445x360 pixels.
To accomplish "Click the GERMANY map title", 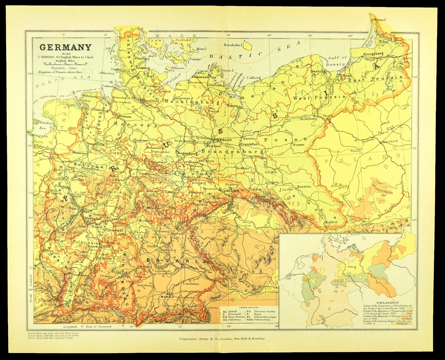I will point(65,47).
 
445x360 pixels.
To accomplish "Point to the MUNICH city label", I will point(167,297).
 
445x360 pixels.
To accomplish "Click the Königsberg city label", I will point(373,54).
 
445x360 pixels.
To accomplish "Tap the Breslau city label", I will point(304,186).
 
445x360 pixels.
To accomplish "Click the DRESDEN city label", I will point(231,191).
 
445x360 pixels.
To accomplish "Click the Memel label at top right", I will point(380,20).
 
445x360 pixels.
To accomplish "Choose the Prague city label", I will point(244,225).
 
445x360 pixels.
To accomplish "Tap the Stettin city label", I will point(233,106).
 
